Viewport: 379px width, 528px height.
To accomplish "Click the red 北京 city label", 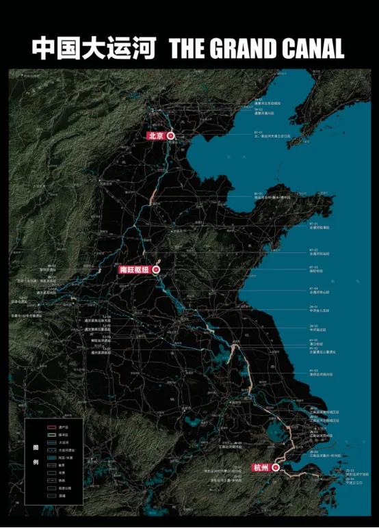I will point(156,136).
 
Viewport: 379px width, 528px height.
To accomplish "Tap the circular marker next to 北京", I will point(171,136).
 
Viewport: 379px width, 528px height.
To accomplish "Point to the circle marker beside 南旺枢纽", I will point(156,270).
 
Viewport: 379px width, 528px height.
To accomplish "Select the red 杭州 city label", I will point(261,468).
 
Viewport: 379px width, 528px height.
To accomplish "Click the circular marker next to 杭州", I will point(276,468).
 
